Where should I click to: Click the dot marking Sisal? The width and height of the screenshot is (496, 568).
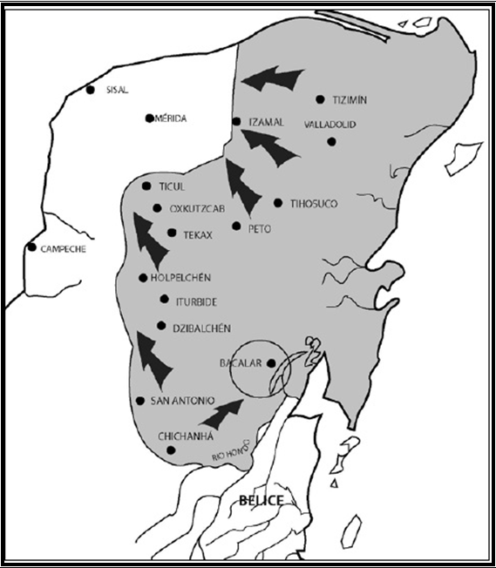(91, 89)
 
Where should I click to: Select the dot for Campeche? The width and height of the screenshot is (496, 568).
(32, 247)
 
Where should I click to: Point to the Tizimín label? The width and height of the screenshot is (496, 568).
(350, 100)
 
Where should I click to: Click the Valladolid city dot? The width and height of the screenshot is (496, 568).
(331, 141)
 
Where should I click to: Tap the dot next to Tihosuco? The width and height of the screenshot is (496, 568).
(278, 203)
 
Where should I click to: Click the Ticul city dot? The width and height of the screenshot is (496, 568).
(146, 186)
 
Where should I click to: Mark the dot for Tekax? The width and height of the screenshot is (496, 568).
(172, 233)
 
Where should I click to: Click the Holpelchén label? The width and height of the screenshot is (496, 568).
(180, 278)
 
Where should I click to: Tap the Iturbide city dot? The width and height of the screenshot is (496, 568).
(165, 300)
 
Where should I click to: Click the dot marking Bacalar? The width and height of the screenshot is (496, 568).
(271, 363)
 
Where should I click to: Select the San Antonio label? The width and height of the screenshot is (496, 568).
(182, 401)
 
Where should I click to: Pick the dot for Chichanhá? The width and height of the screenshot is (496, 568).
(171, 450)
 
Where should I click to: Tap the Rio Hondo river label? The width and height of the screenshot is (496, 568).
(229, 451)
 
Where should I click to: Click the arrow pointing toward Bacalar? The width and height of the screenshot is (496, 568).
(221, 412)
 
